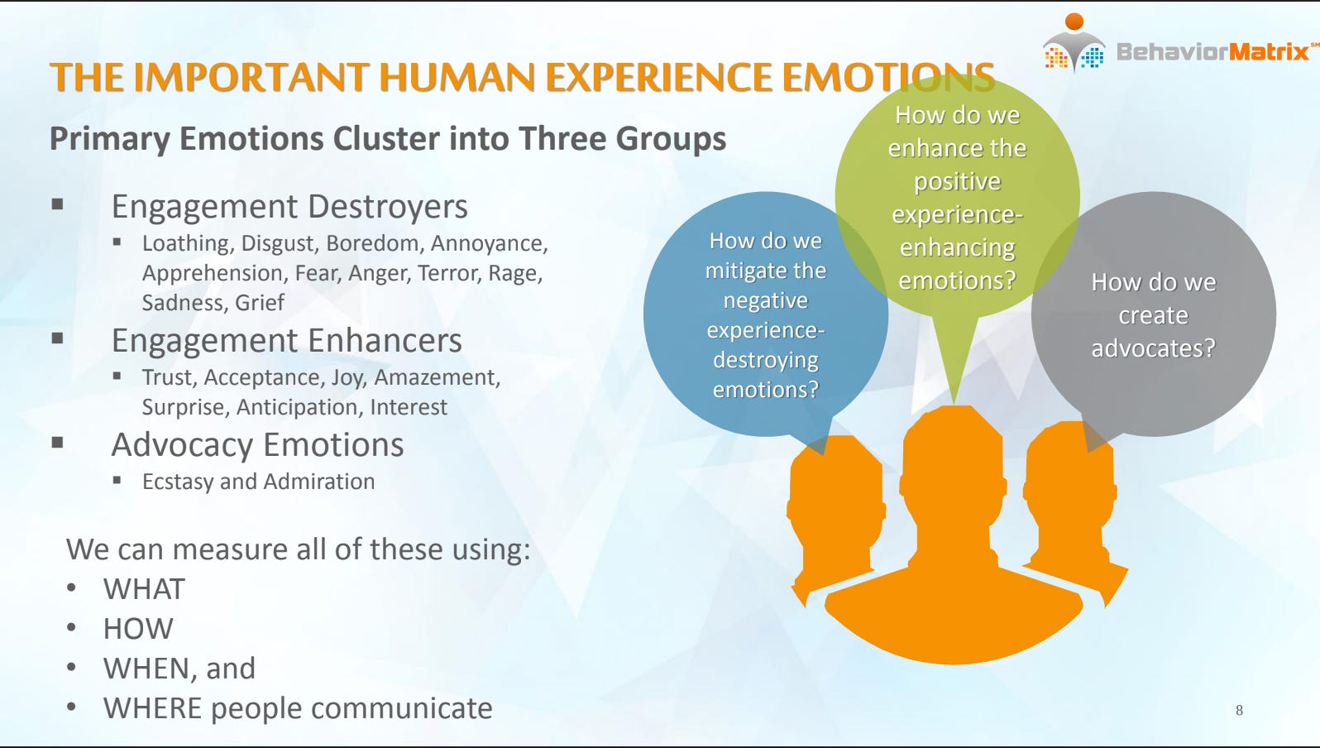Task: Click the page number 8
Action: tap(1238, 710)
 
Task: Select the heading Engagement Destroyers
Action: tap(289, 207)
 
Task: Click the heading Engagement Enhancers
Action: tap(286, 341)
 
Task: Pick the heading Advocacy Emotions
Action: tap(257, 445)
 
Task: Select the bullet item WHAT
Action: tap(144, 589)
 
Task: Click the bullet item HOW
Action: tap(138, 629)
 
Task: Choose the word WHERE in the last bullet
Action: tap(152, 708)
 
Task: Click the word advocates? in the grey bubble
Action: tap(1153, 348)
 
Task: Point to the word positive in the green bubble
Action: tap(957, 181)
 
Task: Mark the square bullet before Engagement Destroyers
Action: tap(57, 204)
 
